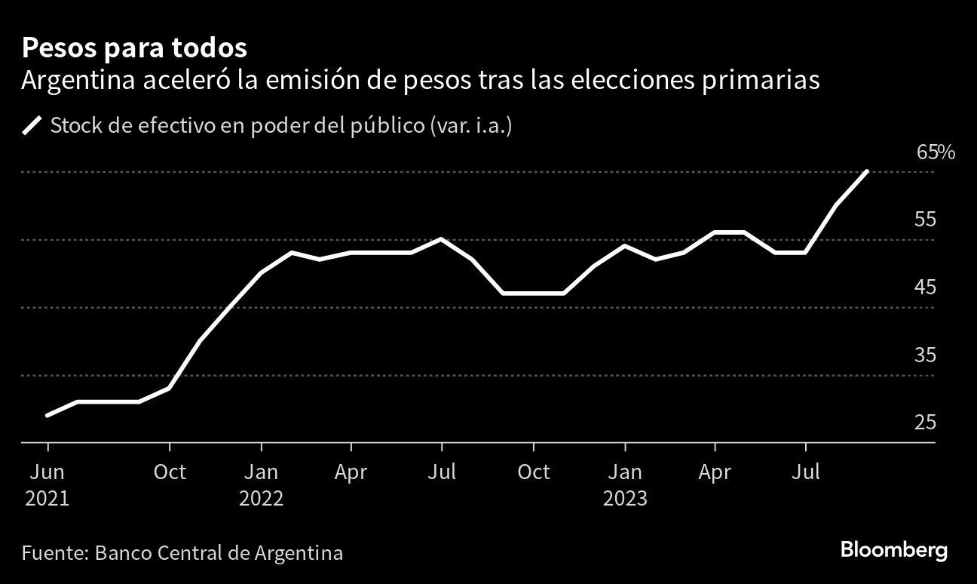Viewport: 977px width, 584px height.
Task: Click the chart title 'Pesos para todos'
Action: pos(134,48)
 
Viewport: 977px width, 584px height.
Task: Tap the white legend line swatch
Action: pos(33,125)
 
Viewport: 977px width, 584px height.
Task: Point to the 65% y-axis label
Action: pos(936,153)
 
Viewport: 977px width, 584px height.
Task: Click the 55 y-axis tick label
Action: pos(925,220)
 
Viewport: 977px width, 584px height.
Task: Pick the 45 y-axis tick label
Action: pos(925,287)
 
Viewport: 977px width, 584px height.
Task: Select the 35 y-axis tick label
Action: pos(925,355)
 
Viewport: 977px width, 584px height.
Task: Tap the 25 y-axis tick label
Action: pos(925,422)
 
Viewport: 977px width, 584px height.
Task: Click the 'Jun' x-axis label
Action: pos(47,472)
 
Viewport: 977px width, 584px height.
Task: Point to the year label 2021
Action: pos(47,499)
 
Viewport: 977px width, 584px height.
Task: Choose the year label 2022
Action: pos(261,499)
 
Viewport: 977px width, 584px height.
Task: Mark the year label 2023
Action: pos(624,499)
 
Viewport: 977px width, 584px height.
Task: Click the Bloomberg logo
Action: pos(893,551)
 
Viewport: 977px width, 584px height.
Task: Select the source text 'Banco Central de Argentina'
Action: pos(219,553)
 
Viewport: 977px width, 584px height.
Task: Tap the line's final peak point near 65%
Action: pos(868,171)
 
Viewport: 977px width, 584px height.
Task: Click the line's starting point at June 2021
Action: pos(48,415)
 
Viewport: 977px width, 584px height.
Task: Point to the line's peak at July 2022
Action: pos(442,239)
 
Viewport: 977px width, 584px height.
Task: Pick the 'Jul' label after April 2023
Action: pos(806,472)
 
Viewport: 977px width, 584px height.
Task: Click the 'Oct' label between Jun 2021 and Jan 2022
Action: pos(170,472)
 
